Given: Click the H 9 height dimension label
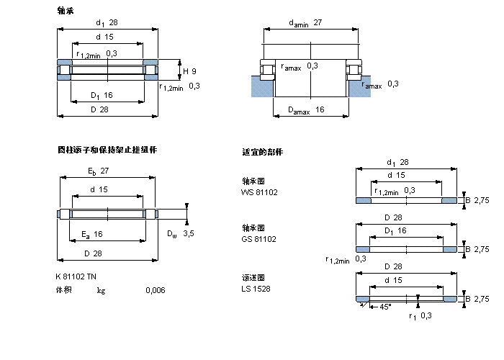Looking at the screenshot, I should coord(189,71).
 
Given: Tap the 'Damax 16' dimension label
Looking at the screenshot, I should coord(306,110).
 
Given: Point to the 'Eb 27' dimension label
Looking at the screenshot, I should coord(99,172).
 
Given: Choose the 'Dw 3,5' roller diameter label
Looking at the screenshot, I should coord(180,233).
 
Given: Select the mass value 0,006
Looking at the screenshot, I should coord(155,290).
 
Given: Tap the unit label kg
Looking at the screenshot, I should coord(102,290).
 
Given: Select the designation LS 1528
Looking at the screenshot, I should coord(256,289).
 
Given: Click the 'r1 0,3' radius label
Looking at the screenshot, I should coord(420,315).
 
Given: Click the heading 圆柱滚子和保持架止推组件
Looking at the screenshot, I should coord(107,150).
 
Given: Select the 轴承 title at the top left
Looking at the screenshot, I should coord(66,11).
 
